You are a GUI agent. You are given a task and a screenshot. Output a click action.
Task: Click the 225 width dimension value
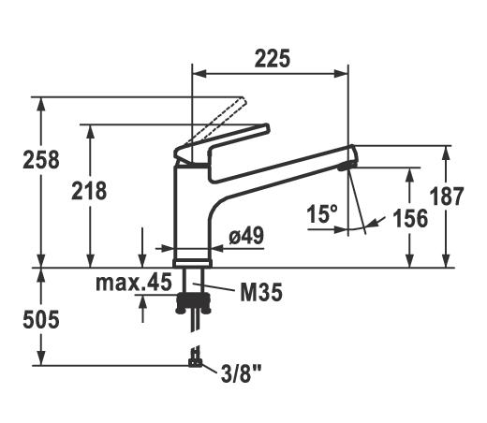tap(273, 59)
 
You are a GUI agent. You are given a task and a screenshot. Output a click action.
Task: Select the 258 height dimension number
tap(41, 160)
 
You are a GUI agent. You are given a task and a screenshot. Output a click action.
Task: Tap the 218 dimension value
tap(89, 191)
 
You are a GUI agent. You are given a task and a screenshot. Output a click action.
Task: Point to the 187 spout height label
tap(447, 197)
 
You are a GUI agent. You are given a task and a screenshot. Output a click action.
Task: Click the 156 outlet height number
tap(410, 218)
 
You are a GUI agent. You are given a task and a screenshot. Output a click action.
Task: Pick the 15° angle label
tap(322, 214)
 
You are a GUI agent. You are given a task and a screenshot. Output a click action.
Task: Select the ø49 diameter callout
tap(246, 236)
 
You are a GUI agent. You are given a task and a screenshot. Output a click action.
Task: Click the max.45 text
tap(134, 282)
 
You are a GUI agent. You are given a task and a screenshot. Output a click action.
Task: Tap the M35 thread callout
tap(261, 292)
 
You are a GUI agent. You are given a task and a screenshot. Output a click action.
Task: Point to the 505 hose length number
tap(41, 319)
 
